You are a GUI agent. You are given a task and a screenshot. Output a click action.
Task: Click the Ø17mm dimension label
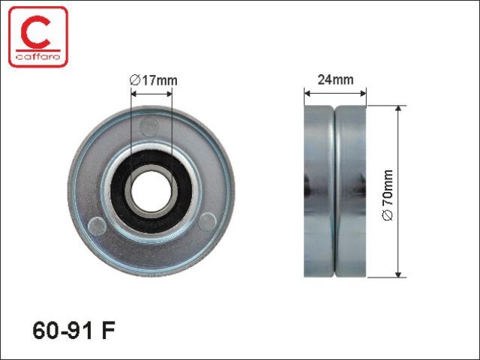tap(153, 80)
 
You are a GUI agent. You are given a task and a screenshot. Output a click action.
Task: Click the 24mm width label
tap(335, 79)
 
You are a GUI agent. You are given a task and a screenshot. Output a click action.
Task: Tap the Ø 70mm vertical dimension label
tap(388, 195)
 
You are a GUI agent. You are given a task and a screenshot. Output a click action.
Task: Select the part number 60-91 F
tap(73, 330)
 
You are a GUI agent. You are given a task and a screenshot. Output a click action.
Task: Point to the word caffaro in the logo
tap(38, 57)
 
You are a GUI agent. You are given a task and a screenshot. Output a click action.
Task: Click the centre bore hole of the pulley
tap(151, 191)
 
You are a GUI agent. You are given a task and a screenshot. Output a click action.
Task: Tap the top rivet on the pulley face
tap(149, 127)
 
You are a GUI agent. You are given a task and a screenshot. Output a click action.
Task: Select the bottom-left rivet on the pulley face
tap(97, 226)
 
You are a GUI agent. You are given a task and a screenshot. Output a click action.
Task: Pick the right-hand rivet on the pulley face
tap(207, 222)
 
